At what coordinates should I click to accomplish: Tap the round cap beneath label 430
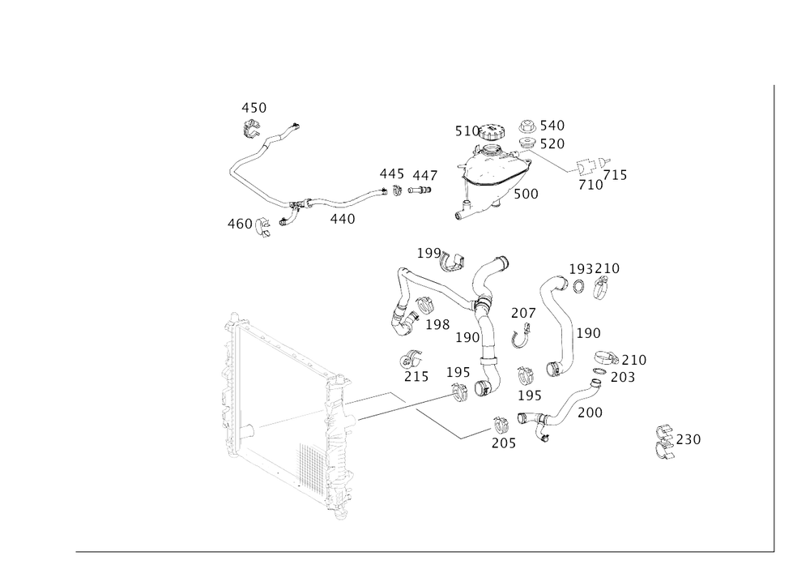(x=252, y=127)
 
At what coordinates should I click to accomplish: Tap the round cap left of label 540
(x=527, y=126)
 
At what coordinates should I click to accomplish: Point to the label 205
(x=502, y=443)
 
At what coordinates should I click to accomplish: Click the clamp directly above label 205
(x=501, y=423)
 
